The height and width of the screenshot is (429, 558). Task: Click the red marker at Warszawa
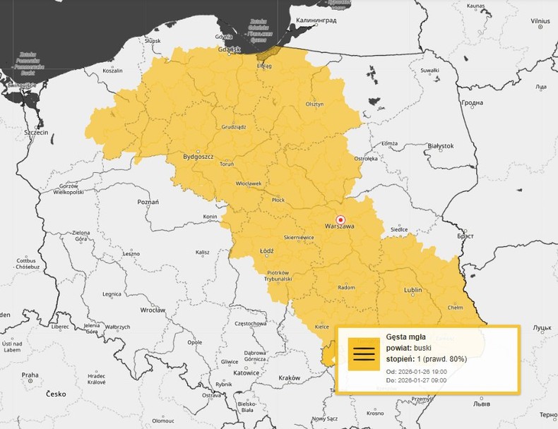click(341, 219)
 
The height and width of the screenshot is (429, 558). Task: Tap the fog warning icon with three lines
click(364, 354)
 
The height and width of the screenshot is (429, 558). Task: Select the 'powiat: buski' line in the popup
click(409, 348)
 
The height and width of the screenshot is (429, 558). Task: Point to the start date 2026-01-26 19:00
click(416, 371)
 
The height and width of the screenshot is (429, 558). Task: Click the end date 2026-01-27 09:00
click(416, 381)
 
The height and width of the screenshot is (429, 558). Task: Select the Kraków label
click(289, 378)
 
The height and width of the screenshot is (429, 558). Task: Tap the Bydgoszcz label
click(198, 157)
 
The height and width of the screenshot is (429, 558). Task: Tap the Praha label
click(29, 375)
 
